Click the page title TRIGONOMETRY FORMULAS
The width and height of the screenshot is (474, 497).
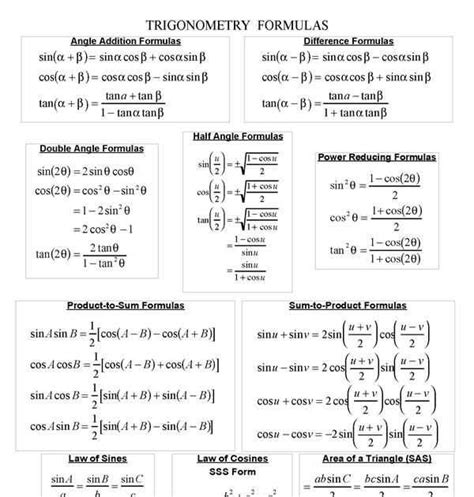pyautogui.click(x=236, y=23)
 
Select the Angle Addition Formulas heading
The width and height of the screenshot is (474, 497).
pyautogui.click(x=125, y=41)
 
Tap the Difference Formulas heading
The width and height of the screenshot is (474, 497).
pyautogui.click(x=348, y=41)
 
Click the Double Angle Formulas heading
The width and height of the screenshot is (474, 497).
pyautogui.click(x=92, y=148)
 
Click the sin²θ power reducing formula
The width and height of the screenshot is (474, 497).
pyautogui.click(x=375, y=186)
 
